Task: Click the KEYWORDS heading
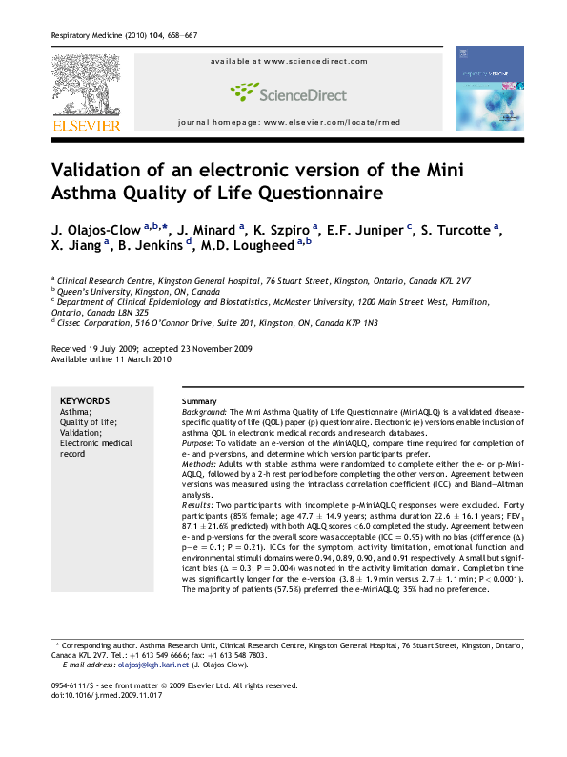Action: (x=84, y=400)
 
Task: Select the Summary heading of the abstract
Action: (x=198, y=401)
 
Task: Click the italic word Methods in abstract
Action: (x=198, y=453)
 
